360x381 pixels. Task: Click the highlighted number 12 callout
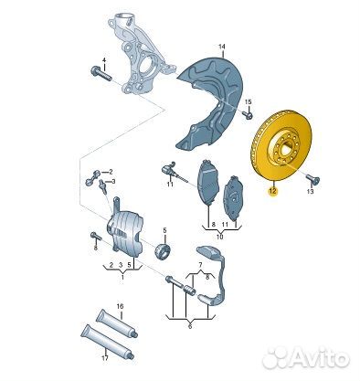(272, 191)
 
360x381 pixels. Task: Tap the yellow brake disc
(281, 145)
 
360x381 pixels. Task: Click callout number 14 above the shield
(222, 47)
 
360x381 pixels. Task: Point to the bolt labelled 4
(101, 73)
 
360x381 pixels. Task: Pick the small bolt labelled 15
(248, 115)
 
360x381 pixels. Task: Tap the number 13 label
(310, 192)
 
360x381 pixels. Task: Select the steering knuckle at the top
(137, 53)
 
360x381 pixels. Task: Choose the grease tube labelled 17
(108, 342)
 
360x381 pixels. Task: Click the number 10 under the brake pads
(220, 237)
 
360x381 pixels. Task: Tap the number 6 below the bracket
(190, 327)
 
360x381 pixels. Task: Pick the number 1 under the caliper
(122, 277)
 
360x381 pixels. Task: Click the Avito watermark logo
(305, 357)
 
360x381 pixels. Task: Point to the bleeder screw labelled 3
(102, 186)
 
